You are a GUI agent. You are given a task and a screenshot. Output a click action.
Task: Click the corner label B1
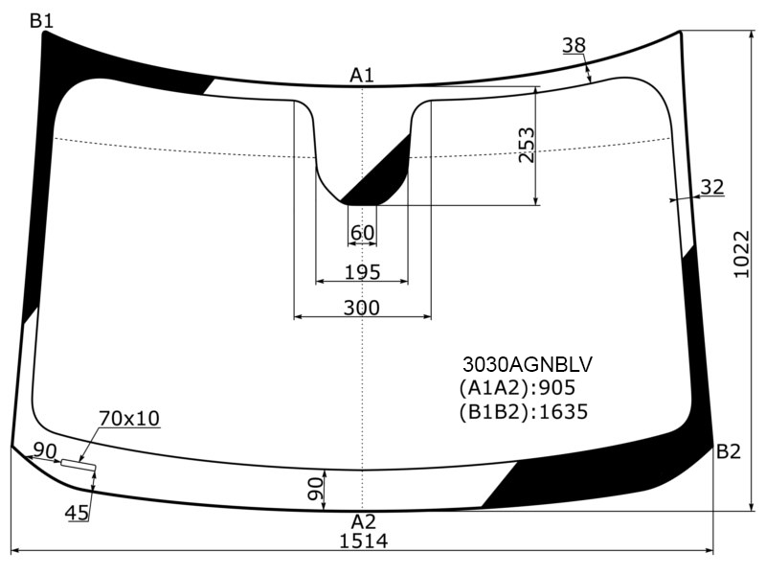(41, 21)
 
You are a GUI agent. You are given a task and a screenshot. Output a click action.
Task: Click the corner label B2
(729, 451)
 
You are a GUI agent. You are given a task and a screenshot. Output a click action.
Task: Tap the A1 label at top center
(362, 76)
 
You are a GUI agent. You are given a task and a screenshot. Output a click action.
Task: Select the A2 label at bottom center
(364, 521)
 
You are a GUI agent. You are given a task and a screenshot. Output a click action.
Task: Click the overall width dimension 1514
(364, 541)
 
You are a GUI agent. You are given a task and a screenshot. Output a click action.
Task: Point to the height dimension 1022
(741, 254)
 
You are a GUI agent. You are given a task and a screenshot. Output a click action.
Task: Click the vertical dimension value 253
(526, 146)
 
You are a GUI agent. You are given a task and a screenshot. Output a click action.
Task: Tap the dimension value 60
(362, 233)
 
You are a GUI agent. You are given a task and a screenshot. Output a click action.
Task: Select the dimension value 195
(362, 272)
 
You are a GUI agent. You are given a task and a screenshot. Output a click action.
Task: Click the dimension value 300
(362, 308)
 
